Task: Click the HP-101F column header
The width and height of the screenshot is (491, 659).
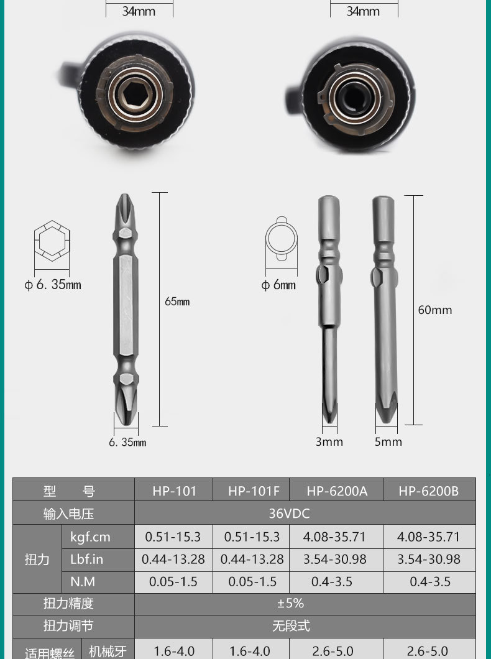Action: (x=254, y=491)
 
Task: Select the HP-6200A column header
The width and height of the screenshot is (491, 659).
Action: (x=337, y=491)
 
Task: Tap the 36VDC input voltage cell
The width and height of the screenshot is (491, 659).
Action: (x=290, y=513)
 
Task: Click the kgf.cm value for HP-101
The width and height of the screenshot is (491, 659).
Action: (x=173, y=537)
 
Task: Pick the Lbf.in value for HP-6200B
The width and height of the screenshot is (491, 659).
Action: (x=429, y=560)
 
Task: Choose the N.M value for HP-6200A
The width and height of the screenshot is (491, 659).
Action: (x=332, y=582)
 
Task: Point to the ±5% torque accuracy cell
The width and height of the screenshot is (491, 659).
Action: (x=291, y=604)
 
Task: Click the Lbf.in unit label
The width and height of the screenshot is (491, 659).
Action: (x=87, y=560)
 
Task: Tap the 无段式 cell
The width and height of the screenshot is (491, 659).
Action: (x=291, y=626)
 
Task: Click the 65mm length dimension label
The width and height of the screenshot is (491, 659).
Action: (x=177, y=302)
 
